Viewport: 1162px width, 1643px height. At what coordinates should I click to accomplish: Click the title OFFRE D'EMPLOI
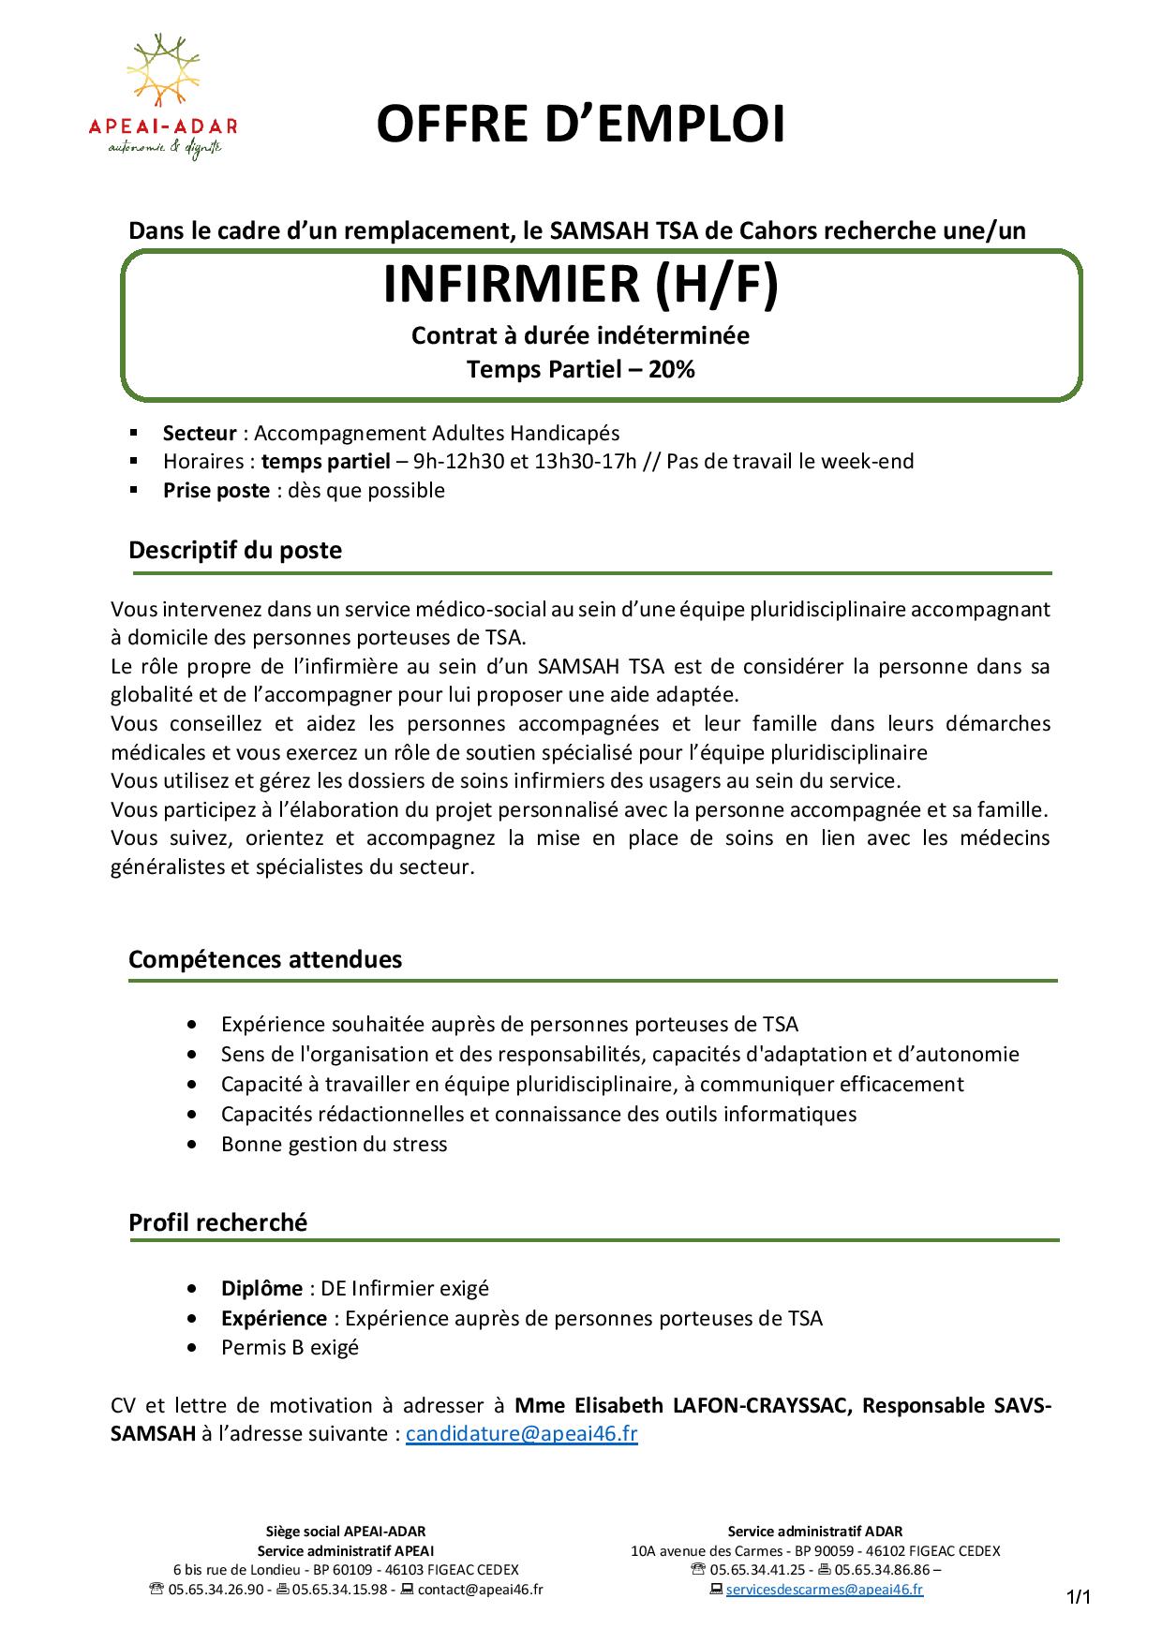click(x=580, y=126)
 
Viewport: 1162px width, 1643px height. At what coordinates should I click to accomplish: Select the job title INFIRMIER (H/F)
click(x=581, y=286)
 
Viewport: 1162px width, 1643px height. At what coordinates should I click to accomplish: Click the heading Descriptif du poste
click(x=235, y=550)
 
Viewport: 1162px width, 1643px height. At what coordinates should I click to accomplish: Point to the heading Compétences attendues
click(x=265, y=959)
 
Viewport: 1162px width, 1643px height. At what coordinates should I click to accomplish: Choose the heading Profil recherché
click(x=217, y=1221)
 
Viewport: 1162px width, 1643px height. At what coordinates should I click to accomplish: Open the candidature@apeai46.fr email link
click(x=521, y=1434)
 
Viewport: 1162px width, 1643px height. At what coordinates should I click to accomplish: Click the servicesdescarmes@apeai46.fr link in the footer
click(x=824, y=1589)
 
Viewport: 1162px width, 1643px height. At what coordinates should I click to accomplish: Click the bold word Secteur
click(x=200, y=433)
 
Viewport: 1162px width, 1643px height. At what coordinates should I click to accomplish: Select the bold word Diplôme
click(x=261, y=1288)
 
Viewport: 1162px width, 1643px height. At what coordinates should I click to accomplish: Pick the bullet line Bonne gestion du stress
click(x=334, y=1144)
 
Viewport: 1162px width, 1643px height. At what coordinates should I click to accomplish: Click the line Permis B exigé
click(x=290, y=1348)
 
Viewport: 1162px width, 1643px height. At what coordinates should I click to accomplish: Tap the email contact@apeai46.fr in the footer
click(x=480, y=1589)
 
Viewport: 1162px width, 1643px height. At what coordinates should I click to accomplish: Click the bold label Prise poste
click(x=216, y=490)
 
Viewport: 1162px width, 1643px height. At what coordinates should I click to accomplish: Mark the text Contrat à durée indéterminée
click(x=580, y=335)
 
